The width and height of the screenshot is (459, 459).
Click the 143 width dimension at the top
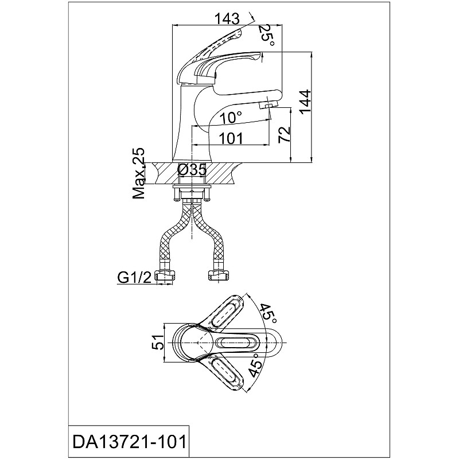[227, 19]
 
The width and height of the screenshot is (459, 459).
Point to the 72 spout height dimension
[285, 134]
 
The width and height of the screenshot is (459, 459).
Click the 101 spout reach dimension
[231, 138]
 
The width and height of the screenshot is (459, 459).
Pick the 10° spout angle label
[231, 118]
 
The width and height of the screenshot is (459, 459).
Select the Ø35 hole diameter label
[192, 170]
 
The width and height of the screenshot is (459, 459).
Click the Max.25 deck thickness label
[139, 173]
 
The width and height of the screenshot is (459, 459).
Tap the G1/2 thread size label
[135, 277]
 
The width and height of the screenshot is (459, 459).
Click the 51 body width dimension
[157, 342]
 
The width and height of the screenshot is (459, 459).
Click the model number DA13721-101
[129, 441]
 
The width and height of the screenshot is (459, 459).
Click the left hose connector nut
[165, 276]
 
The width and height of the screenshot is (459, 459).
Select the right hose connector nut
[218, 276]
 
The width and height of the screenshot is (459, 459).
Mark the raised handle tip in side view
[238, 35]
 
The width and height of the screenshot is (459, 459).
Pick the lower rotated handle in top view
[224, 372]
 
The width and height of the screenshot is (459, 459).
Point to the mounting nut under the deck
[192, 194]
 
